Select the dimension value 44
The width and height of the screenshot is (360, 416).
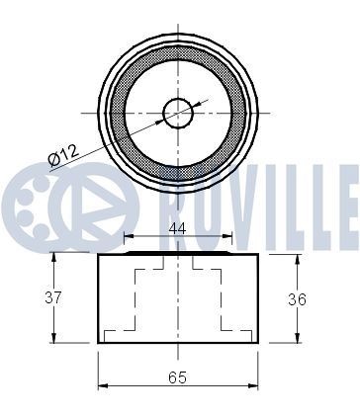click(x=178, y=227)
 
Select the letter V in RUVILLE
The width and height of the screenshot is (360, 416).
click(x=236, y=194)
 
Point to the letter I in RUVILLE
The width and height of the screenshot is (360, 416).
click(x=266, y=194)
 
